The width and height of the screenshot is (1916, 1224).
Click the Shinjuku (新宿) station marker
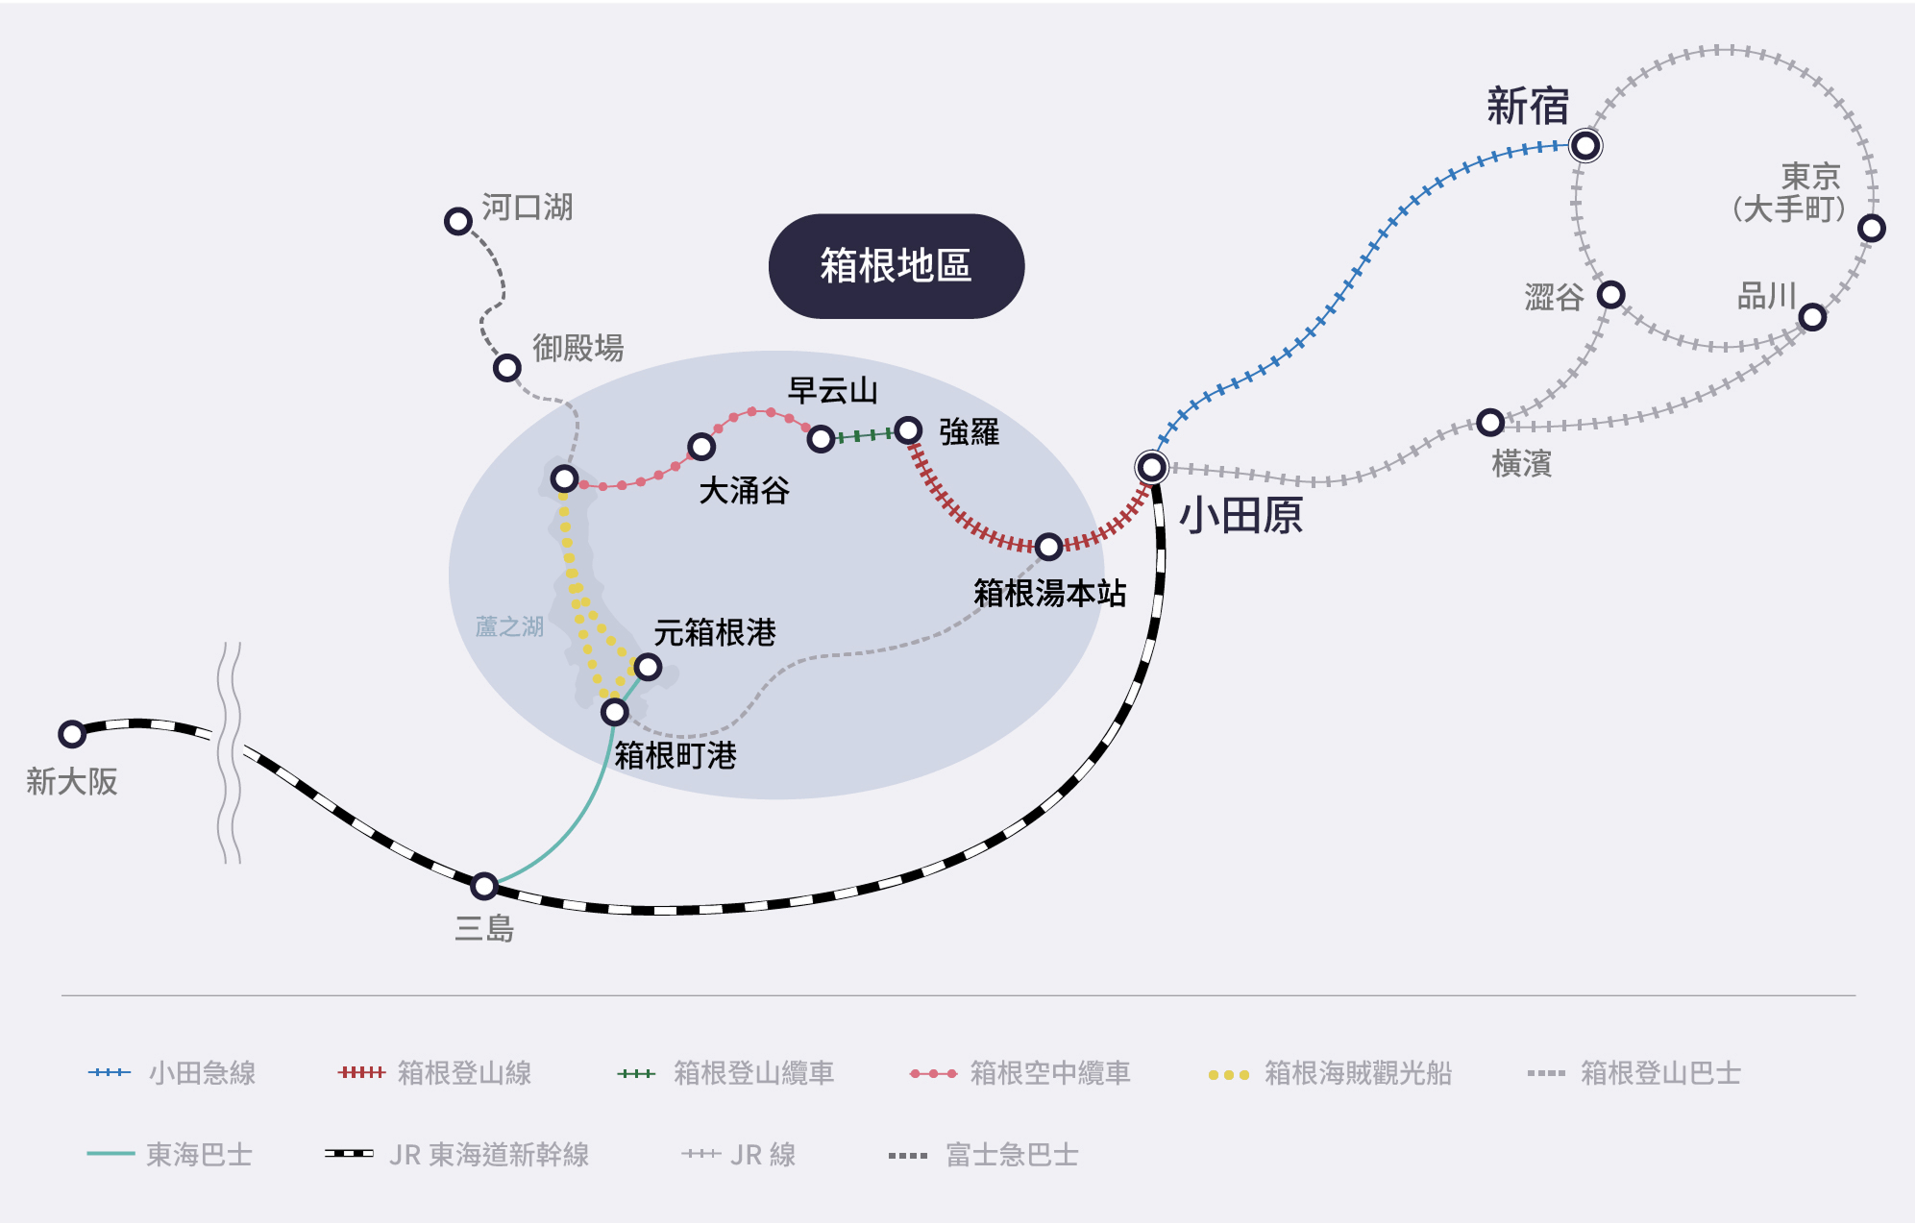(1584, 146)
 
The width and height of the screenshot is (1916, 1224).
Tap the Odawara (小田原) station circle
(1151, 468)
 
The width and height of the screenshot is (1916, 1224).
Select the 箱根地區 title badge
(896, 266)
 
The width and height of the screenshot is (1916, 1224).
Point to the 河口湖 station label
(527, 208)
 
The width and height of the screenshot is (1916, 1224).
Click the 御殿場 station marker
(506, 367)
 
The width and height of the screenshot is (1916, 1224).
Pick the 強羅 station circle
(908, 430)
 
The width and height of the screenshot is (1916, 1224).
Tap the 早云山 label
(832, 391)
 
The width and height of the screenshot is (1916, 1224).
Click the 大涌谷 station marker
(701, 447)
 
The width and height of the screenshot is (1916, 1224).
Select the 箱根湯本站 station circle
(1048, 547)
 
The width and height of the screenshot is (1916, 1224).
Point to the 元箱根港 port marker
(648, 667)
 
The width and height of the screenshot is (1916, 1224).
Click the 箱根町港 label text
(675, 756)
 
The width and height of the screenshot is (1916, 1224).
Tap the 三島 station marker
(484, 885)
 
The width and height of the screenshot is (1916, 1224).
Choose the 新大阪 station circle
(72, 734)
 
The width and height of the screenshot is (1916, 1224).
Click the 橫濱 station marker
(1490, 422)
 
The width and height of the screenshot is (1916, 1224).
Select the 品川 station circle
(1812, 317)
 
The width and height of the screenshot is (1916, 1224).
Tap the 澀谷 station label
(1553, 297)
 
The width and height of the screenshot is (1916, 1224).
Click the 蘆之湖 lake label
(509, 627)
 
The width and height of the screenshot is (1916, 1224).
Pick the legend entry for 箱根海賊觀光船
(1330, 1073)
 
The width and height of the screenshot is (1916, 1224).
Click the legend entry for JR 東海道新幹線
(457, 1154)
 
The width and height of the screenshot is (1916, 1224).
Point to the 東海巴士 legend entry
(170, 1154)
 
